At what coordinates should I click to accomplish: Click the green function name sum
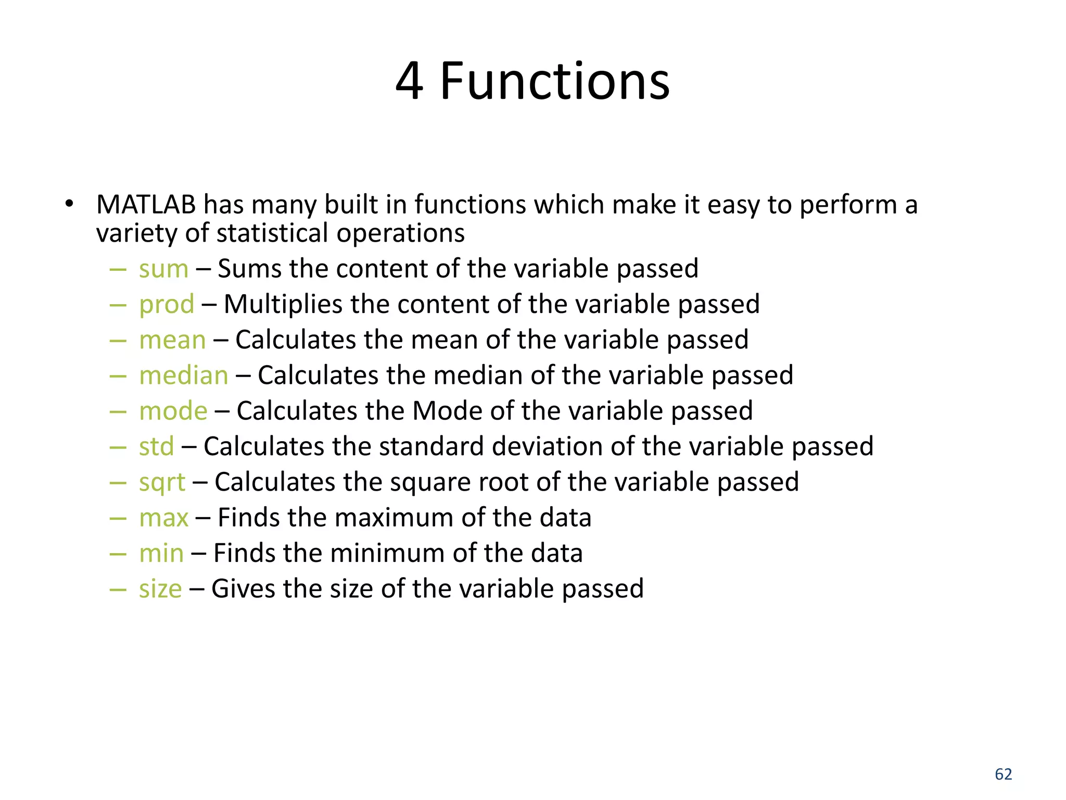point(163,269)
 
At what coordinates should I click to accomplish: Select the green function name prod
point(167,305)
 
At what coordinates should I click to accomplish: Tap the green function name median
point(184,376)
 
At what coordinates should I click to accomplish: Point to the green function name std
point(156,447)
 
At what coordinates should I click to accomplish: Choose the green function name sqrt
point(162,483)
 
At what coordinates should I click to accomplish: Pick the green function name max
point(163,518)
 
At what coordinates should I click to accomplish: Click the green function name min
point(161,553)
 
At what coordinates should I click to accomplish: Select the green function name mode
point(173,411)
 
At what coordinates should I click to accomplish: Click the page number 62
point(1003,774)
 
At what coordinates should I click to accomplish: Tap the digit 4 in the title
point(409,82)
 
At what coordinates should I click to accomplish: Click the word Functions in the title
point(555,82)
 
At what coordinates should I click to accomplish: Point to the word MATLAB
point(146,205)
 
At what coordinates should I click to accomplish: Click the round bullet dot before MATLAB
point(69,204)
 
